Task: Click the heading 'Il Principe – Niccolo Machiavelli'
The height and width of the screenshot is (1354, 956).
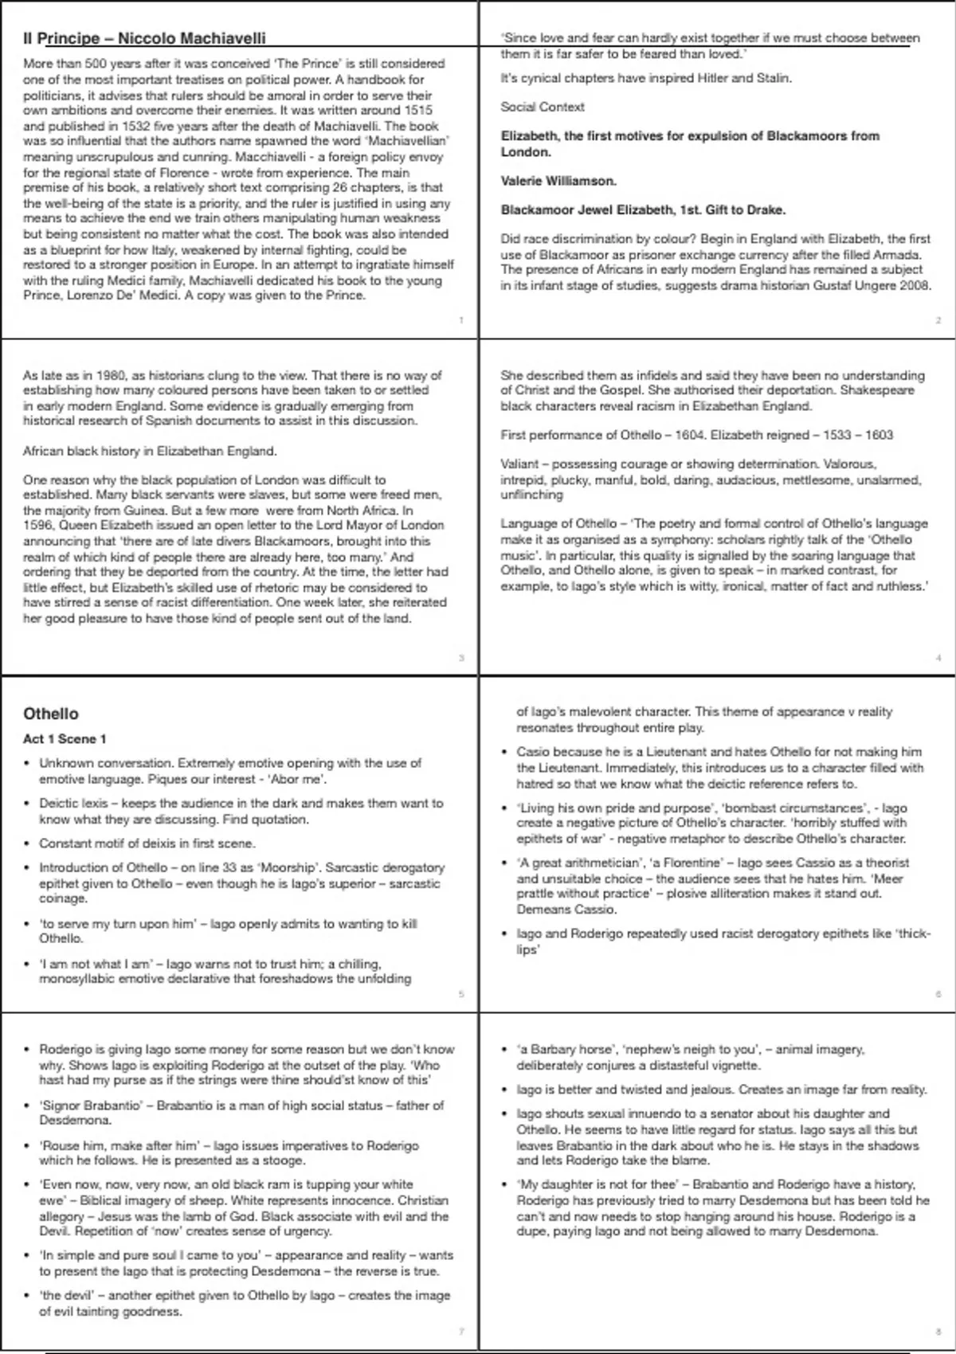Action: pyautogui.click(x=144, y=38)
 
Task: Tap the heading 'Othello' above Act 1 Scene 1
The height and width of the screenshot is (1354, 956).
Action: pyautogui.click(x=51, y=714)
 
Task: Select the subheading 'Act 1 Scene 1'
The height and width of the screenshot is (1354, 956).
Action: pyautogui.click(x=65, y=739)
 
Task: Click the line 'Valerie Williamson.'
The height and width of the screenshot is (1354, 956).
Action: pyautogui.click(x=558, y=181)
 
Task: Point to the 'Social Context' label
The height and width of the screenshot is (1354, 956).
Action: pyautogui.click(x=543, y=107)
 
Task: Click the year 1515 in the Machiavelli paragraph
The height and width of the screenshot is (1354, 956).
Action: pyautogui.click(x=417, y=110)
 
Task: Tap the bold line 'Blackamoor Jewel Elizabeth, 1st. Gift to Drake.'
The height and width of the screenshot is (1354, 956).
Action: pyautogui.click(x=643, y=210)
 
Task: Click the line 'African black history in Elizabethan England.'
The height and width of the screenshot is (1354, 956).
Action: pyautogui.click(x=150, y=451)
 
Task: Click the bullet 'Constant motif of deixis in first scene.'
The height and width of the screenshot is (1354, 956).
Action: pyautogui.click(x=147, y=843)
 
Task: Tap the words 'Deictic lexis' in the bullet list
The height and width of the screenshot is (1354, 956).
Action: pyautogui.click(x=74, y=803)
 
